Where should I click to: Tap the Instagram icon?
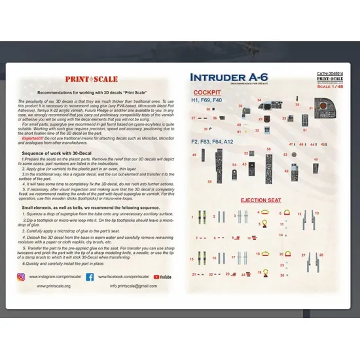pyautogui.click(x=21, y=277)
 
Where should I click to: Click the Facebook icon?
pyautogui.click(x=89, y=277)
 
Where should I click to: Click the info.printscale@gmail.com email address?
pyautogui.click(x=134, y=285)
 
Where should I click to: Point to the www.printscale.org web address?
pyautogui.click(x=49, y=285)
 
